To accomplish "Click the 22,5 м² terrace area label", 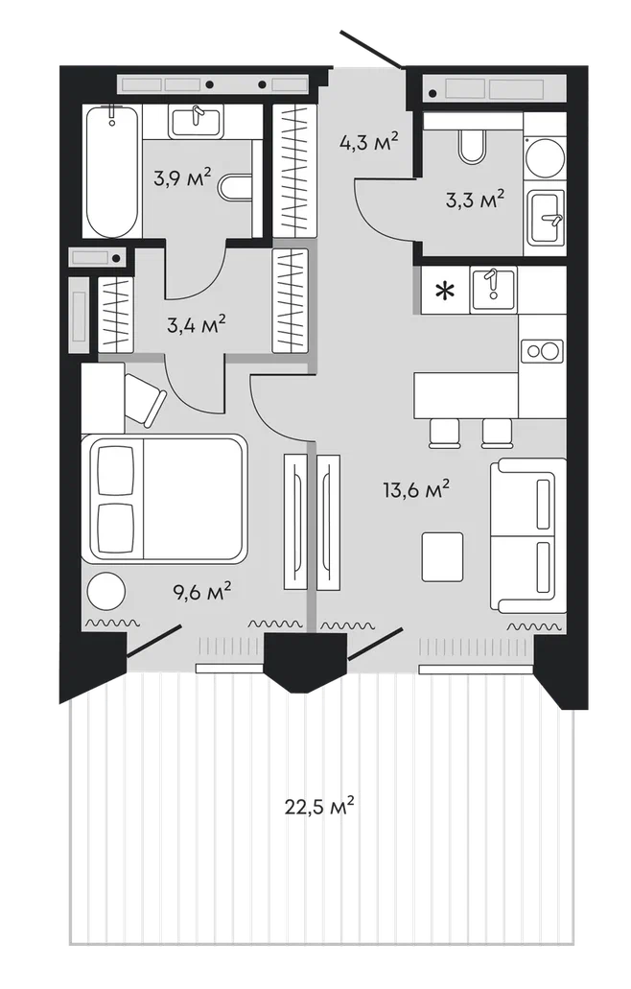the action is coord(319,806).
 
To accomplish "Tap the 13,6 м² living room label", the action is coord(416,489).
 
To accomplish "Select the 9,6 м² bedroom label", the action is coord(201,591).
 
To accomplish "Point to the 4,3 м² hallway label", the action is coord(369,141).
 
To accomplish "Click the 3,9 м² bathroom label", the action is coord(182,177).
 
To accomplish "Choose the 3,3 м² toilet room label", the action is coord(476,200).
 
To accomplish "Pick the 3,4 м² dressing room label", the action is coord(197,325).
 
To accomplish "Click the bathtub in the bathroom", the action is coord(111,172).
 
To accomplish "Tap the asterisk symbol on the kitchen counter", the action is coord(446,291).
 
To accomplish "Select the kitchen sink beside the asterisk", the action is coord(493,289).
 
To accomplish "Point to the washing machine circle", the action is coord(546,157).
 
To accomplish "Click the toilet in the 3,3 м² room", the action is coord(472,145).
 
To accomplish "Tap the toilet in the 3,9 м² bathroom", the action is coord(236,187).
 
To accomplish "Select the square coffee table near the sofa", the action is coord(442,556).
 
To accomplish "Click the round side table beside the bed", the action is coord(105,591).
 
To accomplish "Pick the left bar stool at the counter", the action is coord(445,433).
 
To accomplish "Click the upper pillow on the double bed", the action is coord(116,471).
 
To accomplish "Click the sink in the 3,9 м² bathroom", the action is coord(196,121).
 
